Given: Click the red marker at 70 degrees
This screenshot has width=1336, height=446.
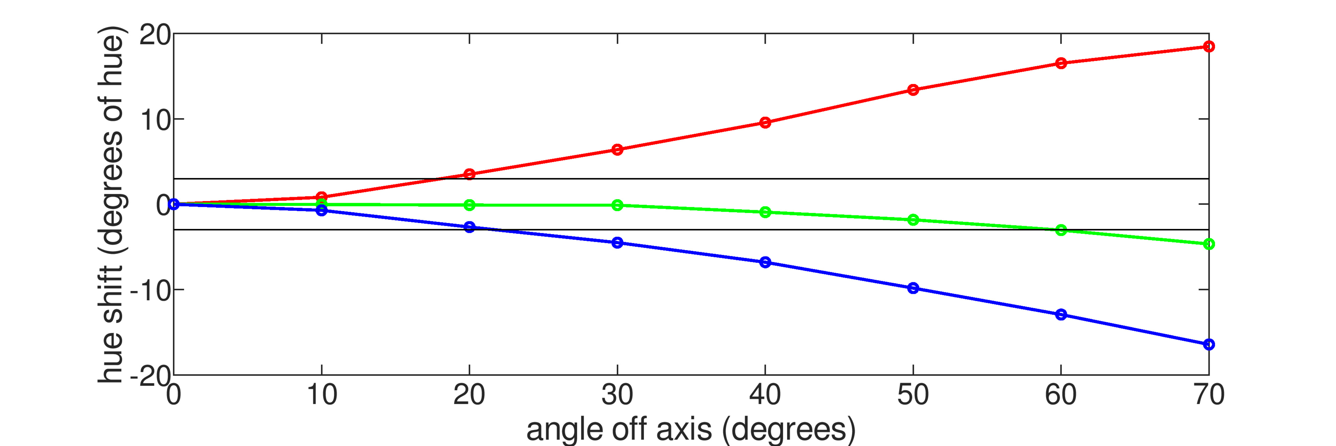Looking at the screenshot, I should [x=1208, y=47].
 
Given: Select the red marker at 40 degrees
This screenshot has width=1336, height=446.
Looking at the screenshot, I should [x=765, y=123].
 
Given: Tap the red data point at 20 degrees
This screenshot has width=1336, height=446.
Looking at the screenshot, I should [x=469, y=174].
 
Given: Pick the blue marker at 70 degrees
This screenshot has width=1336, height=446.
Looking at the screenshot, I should [x=1208, y=344].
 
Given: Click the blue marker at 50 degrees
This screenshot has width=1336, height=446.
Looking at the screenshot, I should [x=913, y=288].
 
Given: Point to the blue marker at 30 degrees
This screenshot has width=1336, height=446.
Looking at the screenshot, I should [x=617, y=243].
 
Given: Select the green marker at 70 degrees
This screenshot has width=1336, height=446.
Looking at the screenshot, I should [x=1208, y=244].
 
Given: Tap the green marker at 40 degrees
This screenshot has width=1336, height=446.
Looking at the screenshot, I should [x=765, y=212].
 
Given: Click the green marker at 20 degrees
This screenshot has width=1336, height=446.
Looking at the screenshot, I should [x=469, y=205].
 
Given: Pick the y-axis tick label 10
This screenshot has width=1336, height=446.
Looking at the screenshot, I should [x=154, y=121].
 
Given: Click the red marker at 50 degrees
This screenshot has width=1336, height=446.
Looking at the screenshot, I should [x=913, y=90].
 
